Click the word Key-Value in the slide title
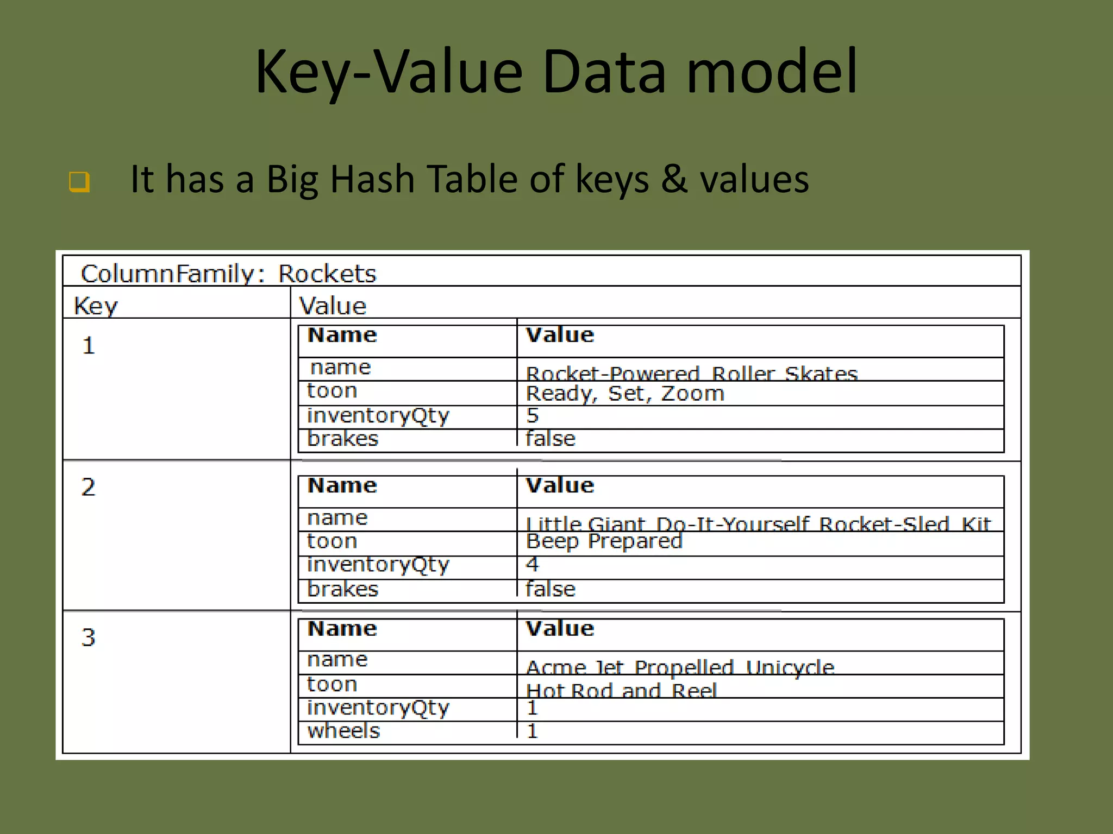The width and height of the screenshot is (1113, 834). [389, 72]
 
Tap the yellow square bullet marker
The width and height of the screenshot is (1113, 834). [79, 181]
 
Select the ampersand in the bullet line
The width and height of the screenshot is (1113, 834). [674, 179]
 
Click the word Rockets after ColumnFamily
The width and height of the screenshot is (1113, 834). [327, 274]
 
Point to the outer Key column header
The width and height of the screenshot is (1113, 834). [96, 306]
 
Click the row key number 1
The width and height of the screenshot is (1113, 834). [89, 346]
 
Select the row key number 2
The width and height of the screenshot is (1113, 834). [89, 487]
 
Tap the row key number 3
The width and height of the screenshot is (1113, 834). [89, 637]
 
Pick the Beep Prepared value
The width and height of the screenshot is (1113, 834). [604, 541]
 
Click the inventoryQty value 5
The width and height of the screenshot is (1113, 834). [533, 416]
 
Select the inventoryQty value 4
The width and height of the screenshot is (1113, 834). [533, 565]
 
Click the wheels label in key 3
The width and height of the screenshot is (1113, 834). [343, 731]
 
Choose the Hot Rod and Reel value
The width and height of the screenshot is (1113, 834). [621, 691]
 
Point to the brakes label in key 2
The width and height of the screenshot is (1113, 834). [342, 590]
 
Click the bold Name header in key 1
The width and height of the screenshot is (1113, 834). [342, 335]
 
